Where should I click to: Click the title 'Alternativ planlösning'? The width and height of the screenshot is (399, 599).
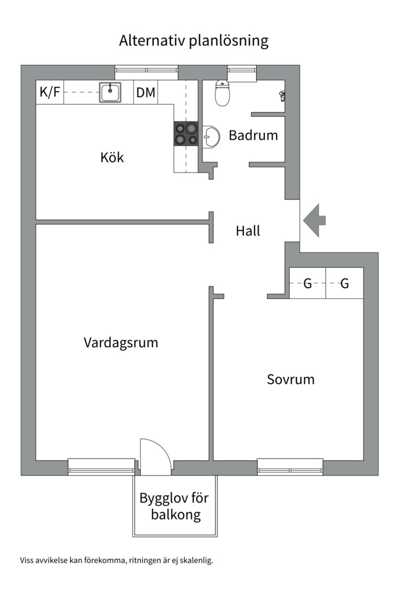193,41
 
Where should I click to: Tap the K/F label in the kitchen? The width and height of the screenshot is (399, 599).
50,92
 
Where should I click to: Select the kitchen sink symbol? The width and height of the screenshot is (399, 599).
110,92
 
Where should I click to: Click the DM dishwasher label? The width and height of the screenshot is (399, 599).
146,92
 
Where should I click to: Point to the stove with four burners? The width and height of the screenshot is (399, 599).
186,134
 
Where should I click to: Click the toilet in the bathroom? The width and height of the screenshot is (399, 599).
222,94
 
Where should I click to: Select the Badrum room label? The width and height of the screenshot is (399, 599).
253,135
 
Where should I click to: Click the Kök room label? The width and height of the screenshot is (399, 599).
112,157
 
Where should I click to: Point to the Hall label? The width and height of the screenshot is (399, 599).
248,231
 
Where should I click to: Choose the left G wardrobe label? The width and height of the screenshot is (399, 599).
308,284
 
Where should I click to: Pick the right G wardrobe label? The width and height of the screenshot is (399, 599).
344,284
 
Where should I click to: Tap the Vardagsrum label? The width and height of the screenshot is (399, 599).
121,342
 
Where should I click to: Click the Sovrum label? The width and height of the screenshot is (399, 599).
290,379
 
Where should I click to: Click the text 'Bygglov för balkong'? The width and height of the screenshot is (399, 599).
174,506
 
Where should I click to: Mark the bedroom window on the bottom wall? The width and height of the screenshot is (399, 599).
290,466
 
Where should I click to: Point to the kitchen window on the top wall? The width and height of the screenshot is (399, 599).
146,72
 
